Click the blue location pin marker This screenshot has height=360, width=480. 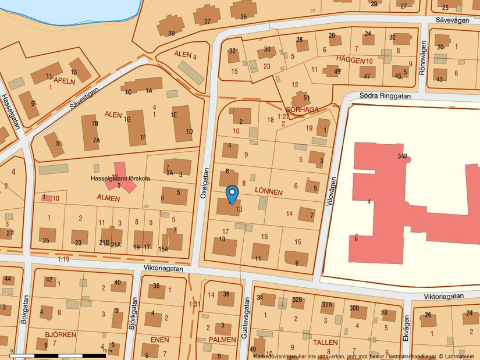pyautogui.click(x=232, y=194)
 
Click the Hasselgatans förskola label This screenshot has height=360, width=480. pyautogui.click(x=120, y=179)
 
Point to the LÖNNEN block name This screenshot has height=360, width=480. pyautogui.click(x=269, y=192)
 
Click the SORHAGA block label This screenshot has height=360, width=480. pyautogui.click(x=302, y=109)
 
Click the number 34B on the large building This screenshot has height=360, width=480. pyautogui.click(x=403, y=156)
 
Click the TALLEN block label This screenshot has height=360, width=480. pyautogui.click(x=325, y=343)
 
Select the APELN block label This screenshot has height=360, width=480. pyautogui.click(x=65, y=81)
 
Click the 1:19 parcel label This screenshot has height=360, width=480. pyautogui.click(x=63, y=259)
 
